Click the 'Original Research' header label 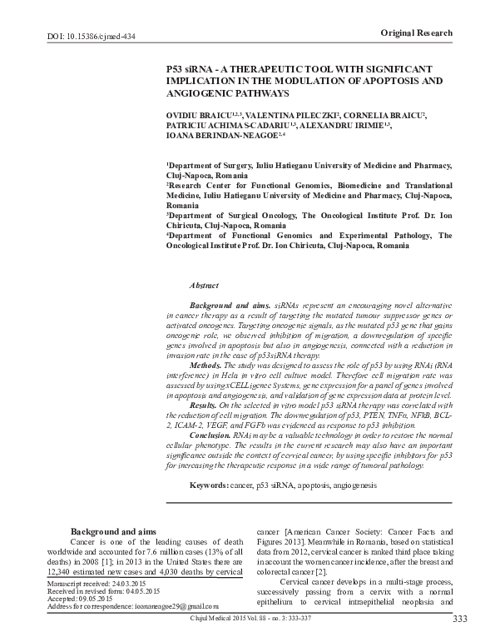[417, 32]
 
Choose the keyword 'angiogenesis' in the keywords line [352, 485]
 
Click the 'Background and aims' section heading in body [113, 530]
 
